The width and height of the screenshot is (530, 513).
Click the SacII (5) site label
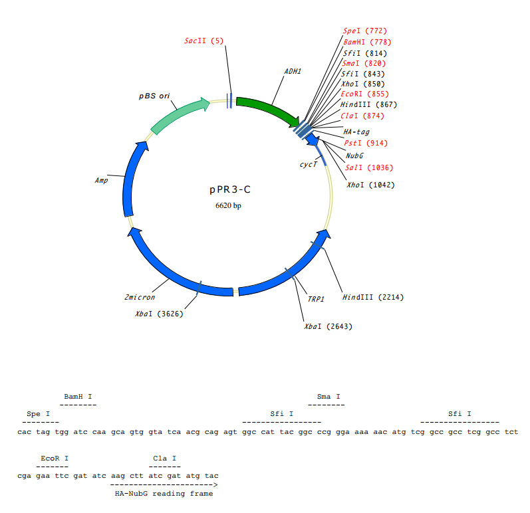(204, 41)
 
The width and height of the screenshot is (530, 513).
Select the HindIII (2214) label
(372, 297)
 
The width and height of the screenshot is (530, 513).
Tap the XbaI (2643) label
(328, 326)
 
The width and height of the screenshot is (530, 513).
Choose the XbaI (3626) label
(159, 314)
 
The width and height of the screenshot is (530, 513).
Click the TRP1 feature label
(316, 299)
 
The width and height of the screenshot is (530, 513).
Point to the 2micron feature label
(140, 297)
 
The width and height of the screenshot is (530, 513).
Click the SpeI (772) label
(364, 31)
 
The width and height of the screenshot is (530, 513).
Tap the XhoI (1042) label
(370, 185)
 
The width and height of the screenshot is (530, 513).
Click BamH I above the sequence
(78, 396)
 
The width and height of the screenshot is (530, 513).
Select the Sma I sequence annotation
(329, 396)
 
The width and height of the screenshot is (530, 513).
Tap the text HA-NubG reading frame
(163, 493)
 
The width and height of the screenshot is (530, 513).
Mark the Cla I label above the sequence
(164, 458)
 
